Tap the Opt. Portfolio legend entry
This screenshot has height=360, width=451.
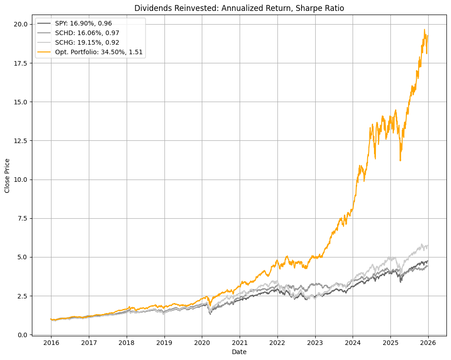(98, 52)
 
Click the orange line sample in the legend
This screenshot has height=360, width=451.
(44, 52)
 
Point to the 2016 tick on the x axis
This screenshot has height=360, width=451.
(51, 342)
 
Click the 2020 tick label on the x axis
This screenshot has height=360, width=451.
(202, 342)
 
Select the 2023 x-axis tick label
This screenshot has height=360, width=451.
(315, 342)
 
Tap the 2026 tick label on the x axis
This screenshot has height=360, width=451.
(428, 342)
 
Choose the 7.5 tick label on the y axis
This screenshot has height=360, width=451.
(22, 218)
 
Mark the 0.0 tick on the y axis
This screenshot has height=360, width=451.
(22, 334)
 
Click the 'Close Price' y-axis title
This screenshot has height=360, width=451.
(7, 176)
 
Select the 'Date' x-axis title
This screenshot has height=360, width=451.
(239, 352)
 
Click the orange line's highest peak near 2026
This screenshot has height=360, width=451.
(425, 30)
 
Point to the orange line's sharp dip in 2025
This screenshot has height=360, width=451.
(400, 160)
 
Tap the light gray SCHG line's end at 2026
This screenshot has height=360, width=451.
(427, 246)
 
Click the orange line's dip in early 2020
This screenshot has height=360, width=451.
(210, 305)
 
